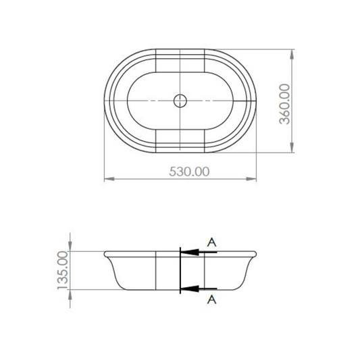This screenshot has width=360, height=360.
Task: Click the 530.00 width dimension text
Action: (189, 172)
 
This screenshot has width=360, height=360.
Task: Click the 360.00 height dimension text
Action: (284, 104)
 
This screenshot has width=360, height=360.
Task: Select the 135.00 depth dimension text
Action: (63, 270)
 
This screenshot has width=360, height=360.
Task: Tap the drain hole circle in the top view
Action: (180, 101)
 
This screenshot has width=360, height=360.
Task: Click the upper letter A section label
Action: (211, 242)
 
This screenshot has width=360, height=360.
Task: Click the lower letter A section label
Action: (211, 299)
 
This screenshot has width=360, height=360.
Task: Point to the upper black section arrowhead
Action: (190, 253)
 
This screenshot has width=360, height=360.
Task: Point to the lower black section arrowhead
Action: (190, 289)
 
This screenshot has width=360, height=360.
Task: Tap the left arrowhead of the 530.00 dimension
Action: (109, 178)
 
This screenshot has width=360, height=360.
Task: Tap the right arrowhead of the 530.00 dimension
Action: (251, 178)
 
